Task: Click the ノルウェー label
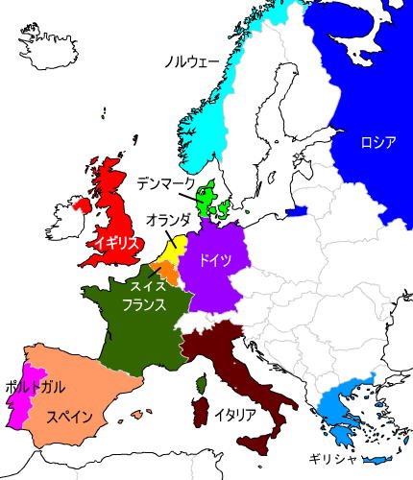coord(192,62)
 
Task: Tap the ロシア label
coord(377,143)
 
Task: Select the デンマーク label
coord(165,182)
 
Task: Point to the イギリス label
coord(118,242)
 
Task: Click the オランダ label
coord(168,221)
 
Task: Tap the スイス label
coord(148,285)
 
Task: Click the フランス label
coord(145,305)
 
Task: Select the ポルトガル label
coord(35,386)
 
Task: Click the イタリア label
coord(235,415)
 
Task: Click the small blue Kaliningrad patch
coord(297,211)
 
